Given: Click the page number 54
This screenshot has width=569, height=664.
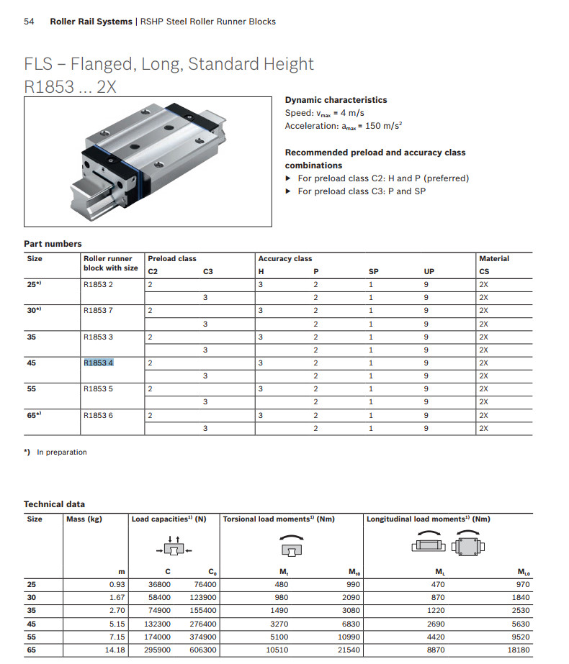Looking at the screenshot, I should click(x=30, y=22).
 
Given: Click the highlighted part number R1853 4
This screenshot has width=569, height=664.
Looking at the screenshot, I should click(x=99, y=363).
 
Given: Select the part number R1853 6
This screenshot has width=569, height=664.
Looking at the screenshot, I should click(x=99, y=415).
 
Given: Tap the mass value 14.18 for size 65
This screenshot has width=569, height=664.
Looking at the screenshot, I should click(x=115, y=650).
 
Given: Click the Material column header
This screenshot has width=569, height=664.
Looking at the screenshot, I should click(x=494, y=258).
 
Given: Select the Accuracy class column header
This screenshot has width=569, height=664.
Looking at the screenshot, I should click(x=285, y=258).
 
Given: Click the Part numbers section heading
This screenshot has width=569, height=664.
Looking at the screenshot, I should click(x=53, y=244).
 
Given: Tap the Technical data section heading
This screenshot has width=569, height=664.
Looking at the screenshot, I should click(x=54, y=504).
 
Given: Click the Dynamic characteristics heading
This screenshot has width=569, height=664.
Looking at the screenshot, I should click(x=336, y=100).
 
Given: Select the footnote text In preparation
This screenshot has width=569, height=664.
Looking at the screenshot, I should click(x=61, y=452).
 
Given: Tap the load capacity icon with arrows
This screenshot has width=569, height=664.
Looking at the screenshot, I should click(x=172, y=546).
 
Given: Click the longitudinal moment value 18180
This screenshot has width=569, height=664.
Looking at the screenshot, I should click(x=517, y=650).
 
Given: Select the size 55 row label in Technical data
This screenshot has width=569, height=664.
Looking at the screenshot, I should click(x=32, y=637).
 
